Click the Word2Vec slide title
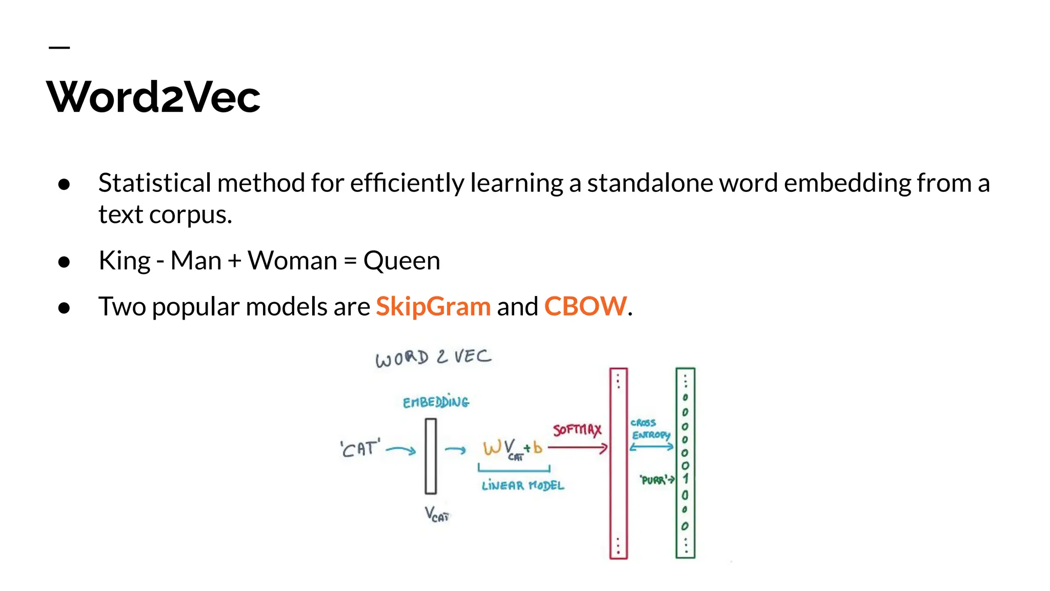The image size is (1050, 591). (154, 97)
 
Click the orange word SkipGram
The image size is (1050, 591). (433, 306)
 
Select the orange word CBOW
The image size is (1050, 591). (585, 306)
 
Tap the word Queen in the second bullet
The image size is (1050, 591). (401, 261)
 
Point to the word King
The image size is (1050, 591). (125, 261)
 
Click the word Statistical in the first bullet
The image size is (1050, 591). (154, 183)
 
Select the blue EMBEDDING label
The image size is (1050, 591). (436, 402)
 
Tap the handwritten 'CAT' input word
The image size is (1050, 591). (360, 449)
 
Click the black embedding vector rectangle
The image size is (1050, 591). (431, 456)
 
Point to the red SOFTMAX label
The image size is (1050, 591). (577, 429)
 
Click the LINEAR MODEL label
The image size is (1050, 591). (522, 485)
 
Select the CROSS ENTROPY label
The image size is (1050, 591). (650, 429)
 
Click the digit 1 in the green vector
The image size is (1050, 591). (685, 479)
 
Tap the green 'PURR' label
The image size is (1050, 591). (654, 480)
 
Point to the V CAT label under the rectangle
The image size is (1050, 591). (436, 514)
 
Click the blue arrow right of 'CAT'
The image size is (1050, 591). (401, 450)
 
